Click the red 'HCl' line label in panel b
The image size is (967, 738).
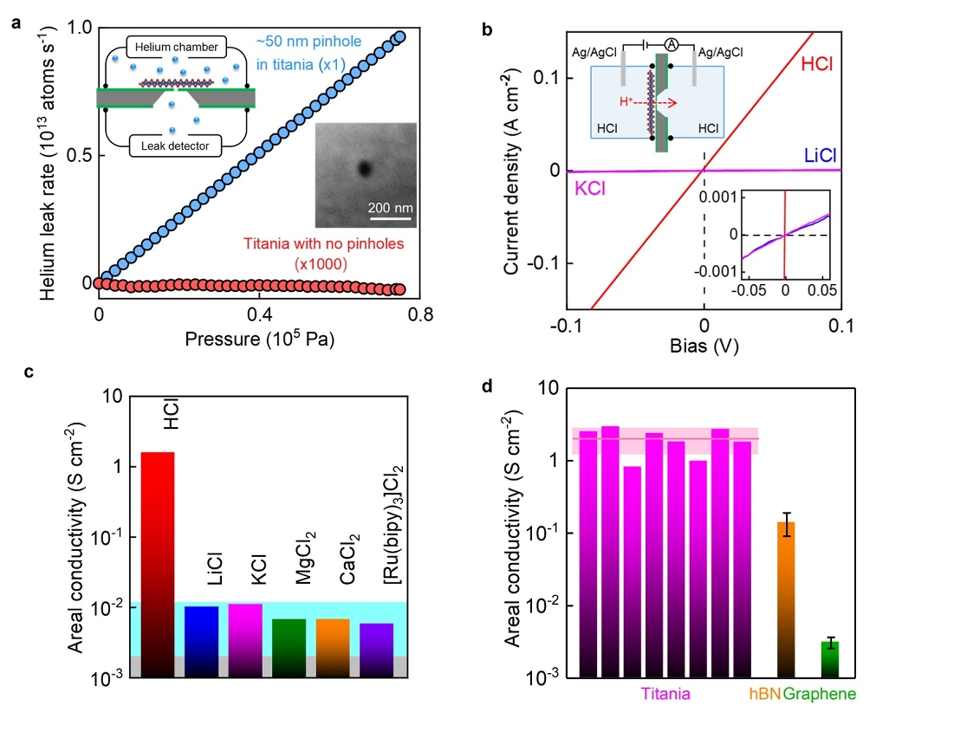[818, 63]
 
